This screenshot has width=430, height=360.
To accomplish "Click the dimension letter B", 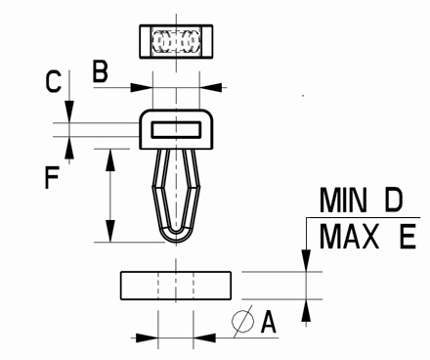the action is [x=100, y=71].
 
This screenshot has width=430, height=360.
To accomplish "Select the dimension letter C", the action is [x=53, y=81].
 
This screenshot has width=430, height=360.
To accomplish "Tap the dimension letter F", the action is [x=52, y=177].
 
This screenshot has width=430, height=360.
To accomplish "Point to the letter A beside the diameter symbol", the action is [x=269, y=322].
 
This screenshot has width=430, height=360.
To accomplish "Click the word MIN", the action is [x=343, y=200].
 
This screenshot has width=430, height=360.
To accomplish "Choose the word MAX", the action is [x=350, y=237].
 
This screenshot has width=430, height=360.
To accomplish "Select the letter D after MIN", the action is [x=394, y=200].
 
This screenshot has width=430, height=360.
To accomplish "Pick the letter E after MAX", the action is [x=408, y=237].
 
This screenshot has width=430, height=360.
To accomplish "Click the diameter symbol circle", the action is [x=243, y=321].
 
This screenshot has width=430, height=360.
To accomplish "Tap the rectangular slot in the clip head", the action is [x=176, y=129].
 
